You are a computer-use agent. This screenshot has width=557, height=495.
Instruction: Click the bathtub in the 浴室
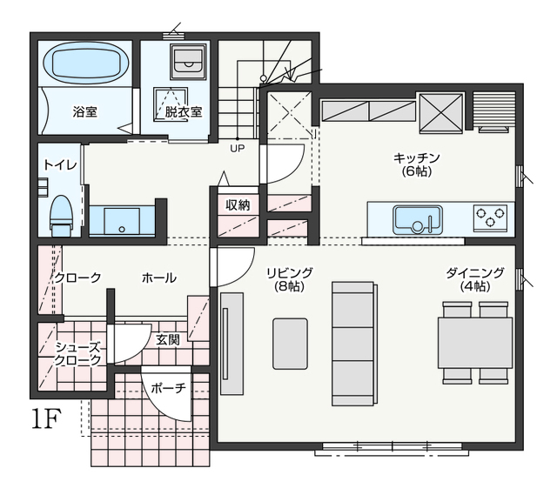[86, 64]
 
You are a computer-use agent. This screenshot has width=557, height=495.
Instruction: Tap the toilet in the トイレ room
[62, 216]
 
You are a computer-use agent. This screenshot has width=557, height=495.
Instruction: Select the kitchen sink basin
[418, 220]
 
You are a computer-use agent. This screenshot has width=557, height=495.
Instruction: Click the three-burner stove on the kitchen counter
[490, 217]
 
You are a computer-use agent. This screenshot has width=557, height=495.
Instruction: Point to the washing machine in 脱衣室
[188, 62]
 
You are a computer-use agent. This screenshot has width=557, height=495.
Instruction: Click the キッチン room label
[417, 164]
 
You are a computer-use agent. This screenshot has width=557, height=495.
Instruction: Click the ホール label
[158, 278]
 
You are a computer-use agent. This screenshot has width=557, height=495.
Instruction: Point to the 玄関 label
[168, 340]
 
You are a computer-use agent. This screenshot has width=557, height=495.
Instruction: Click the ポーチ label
[168, 388]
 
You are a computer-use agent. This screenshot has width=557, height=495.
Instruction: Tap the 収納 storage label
[238, 205]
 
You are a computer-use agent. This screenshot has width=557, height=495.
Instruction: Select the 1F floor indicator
[46, 418]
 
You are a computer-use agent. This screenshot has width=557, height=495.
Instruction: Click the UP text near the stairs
[238, 148]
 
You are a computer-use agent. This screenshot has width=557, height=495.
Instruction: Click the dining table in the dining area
[475, 343]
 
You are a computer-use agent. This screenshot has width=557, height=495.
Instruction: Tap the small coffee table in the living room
[290, 344]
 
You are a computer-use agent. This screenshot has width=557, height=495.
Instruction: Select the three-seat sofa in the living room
[354, 344]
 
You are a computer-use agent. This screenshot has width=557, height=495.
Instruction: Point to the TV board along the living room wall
[232, 344]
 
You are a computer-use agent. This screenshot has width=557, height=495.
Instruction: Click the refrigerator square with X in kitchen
[441, 113]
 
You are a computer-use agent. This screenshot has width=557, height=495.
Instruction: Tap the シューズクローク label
[77, 354]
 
